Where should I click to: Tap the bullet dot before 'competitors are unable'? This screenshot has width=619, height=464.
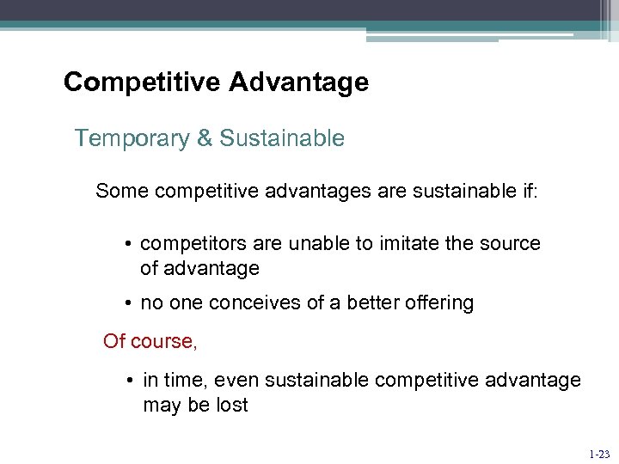tap(127, 244)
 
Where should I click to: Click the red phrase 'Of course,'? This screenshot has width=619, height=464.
tap(150, 341)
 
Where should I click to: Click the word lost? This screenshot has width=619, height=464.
tap(231, 406)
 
